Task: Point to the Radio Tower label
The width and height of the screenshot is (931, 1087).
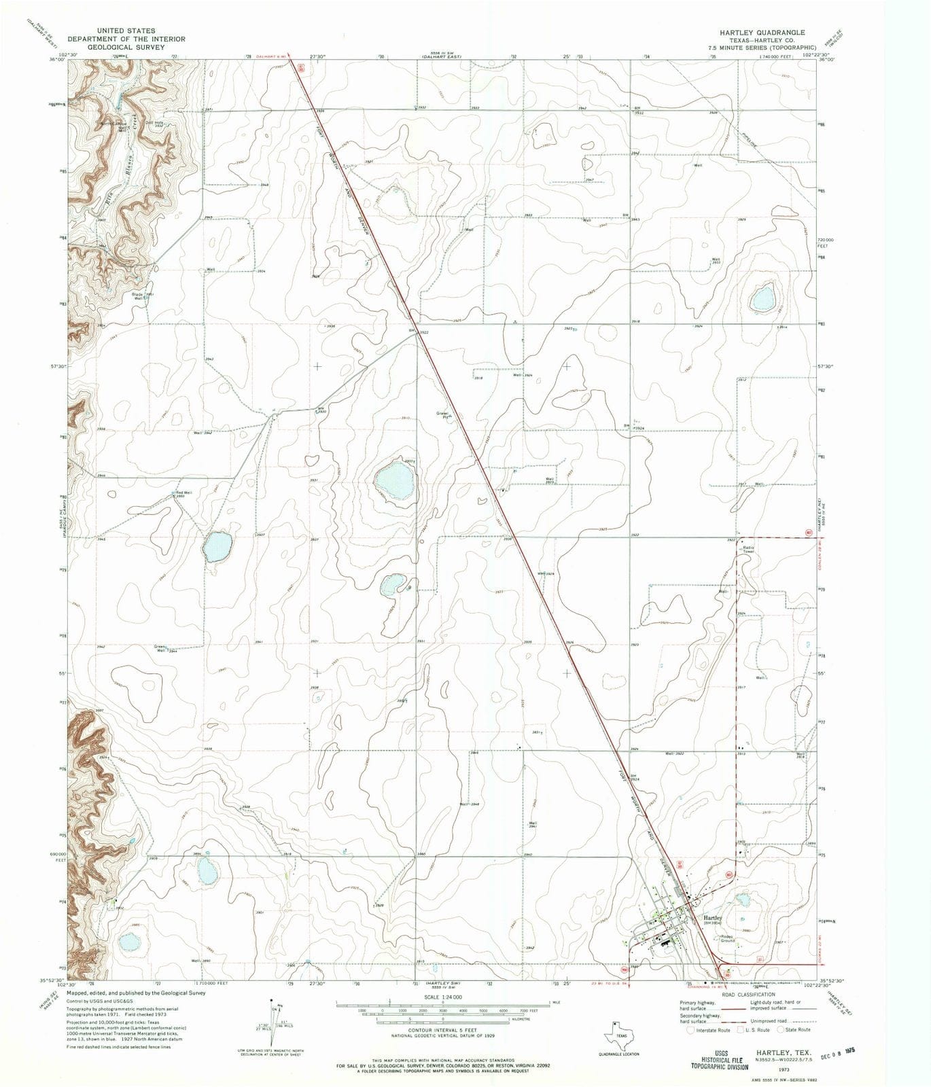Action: click(750, 550)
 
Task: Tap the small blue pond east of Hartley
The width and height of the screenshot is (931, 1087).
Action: click(742, 900)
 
